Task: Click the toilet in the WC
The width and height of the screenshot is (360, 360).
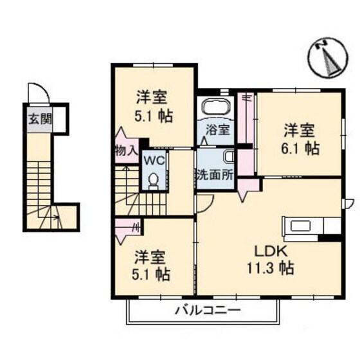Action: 153,181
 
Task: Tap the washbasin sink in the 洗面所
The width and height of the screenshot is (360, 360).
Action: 229,156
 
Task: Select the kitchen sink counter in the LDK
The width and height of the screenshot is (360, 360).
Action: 309,227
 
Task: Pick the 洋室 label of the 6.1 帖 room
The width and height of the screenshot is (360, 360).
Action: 301,130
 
